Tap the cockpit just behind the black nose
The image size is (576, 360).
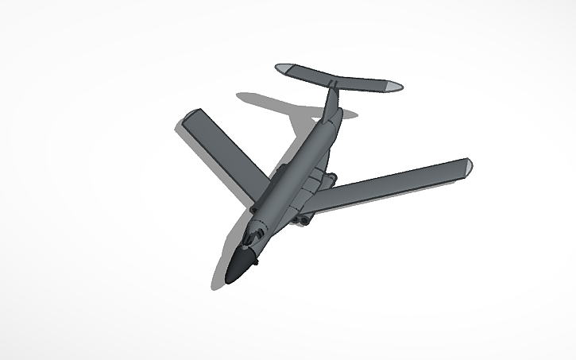point(253,238)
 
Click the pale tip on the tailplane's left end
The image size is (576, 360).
point(283,68)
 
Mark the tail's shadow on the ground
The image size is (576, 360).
point(270,104)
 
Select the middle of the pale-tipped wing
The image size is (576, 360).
point(389,188)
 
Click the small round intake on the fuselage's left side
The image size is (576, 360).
point(253,209)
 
